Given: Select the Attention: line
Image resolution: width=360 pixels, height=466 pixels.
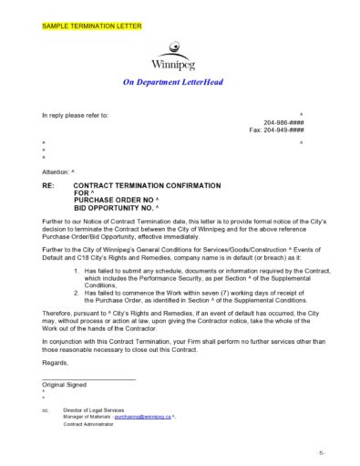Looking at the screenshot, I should (59, 171).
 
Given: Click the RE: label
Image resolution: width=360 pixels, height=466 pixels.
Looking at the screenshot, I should (49, 184).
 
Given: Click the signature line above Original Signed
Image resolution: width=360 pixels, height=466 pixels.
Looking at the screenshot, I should (88, 378).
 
